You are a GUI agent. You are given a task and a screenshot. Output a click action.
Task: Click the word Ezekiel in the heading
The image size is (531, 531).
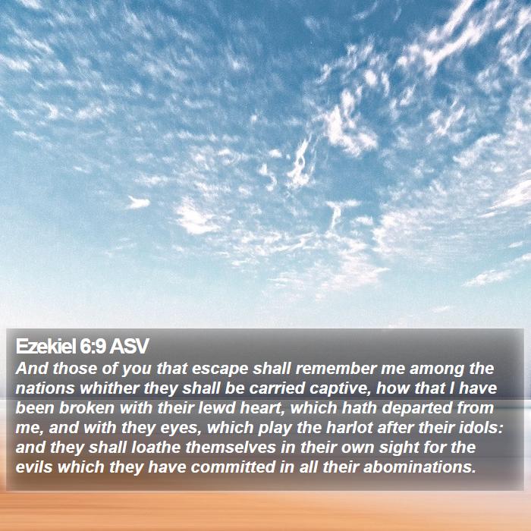[x=46, y=347]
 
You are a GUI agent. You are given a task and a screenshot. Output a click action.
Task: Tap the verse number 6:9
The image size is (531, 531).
[x=93, y=347]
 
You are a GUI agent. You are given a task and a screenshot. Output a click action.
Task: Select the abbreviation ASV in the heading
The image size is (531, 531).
[x=129, y=347]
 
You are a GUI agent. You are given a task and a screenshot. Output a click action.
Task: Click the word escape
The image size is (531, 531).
[x=220, y=369]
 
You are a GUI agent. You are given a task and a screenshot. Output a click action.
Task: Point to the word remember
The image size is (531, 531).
[x=336, y=369]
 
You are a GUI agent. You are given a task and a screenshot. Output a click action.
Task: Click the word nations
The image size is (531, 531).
[x=45, y=388]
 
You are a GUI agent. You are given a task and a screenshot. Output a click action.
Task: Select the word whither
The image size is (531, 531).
[x=109, y=388]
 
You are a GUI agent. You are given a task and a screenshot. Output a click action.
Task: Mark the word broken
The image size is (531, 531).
[x=86, y=408]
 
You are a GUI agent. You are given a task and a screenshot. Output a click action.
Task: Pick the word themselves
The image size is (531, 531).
[x=231, y=447]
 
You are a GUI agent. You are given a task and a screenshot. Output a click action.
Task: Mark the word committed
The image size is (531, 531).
[x=233, y=467]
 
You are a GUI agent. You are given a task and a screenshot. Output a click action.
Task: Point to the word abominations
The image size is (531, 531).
[x=419, y=467]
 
